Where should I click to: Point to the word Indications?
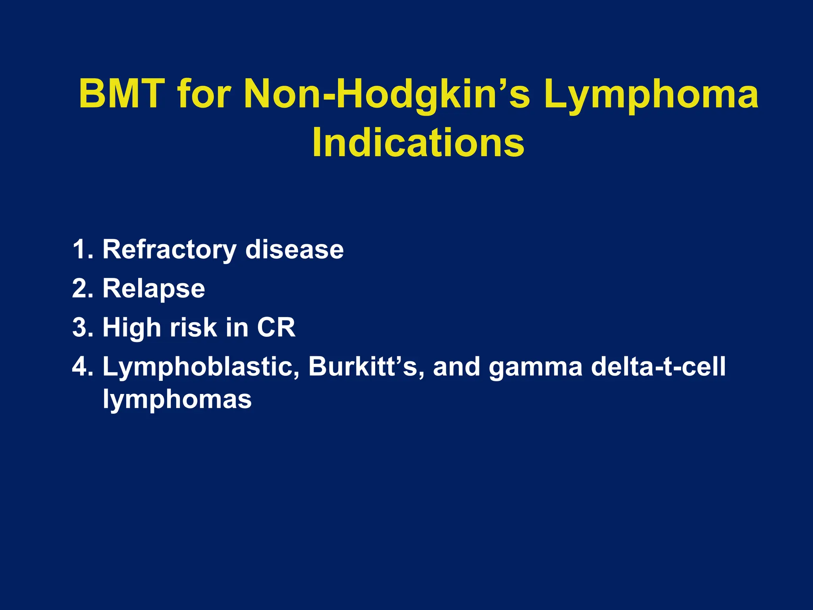(x=418, y=143)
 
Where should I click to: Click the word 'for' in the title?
(x=204, y=95)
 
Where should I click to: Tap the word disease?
(x=294, y=249)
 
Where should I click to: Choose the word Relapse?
(x=154, y=289)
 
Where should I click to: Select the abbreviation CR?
(x=276, y=327)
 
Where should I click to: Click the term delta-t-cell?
(x=658, y=366)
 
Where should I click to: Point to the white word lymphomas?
(x=177, y=399)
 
